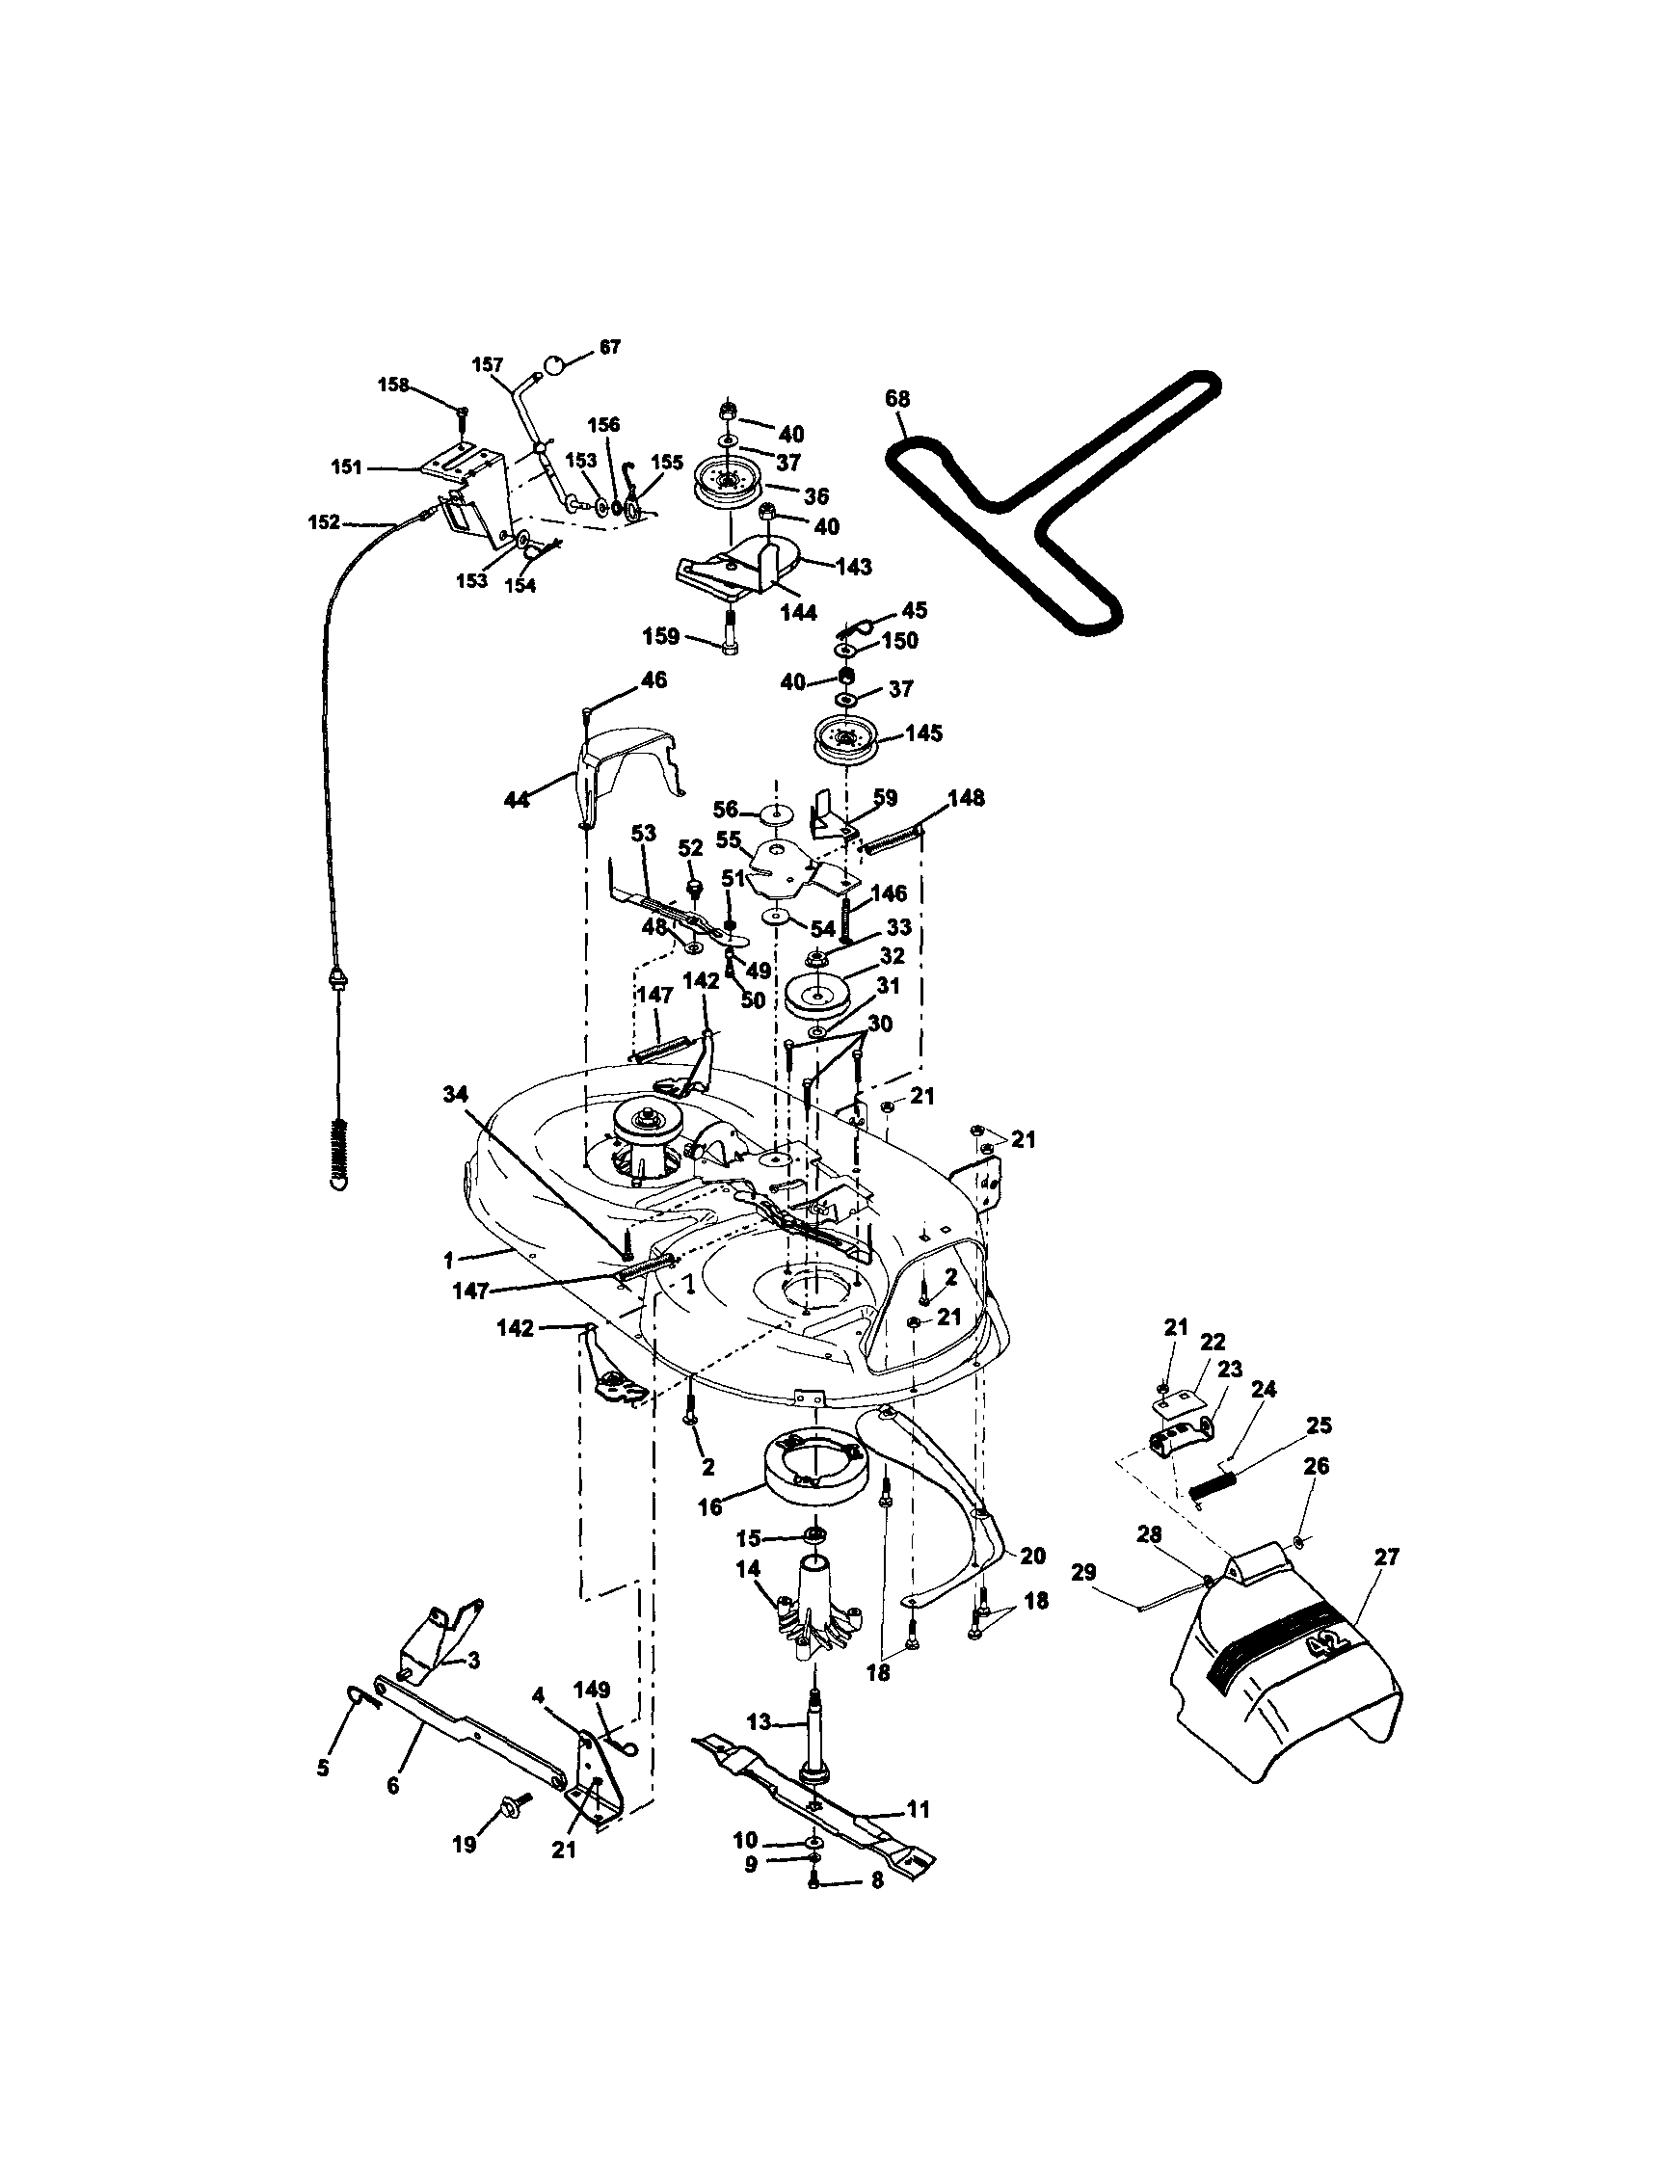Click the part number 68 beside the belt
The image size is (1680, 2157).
(897, 399)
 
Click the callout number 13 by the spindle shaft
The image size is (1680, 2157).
(759, 1722)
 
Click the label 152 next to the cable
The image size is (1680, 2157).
(324, 522)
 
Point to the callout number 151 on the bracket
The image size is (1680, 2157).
(346, 467)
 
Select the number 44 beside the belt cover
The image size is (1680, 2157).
(517, 800)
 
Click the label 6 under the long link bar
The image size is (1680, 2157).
(393, 1786)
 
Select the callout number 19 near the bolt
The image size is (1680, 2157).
(465, 1844)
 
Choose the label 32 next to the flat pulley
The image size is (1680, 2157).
(892, 957)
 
